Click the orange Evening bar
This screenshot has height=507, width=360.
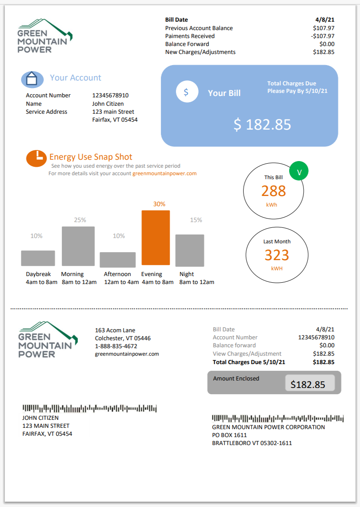[x=156, y=238]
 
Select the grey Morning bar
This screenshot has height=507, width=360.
[x=78, y=246]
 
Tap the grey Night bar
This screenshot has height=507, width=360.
[x=190, y=250]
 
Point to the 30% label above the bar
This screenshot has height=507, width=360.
[x=159, y=204]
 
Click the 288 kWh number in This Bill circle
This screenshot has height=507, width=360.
[x=273, y=191]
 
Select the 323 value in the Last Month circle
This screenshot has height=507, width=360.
[x=277, y=255]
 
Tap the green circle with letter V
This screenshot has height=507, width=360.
[x=299, y=172]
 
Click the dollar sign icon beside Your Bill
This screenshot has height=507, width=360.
[x=186, y=92]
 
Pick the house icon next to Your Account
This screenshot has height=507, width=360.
[x=32, y=79]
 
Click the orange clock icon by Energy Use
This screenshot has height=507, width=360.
[x=37, y=158]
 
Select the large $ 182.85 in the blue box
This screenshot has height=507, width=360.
[x=262, y=125]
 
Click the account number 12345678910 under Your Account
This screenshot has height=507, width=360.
[x=111, y=95]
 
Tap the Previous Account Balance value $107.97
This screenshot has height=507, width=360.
[x=323, y=28]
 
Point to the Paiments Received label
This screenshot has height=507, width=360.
[x=190, y=36]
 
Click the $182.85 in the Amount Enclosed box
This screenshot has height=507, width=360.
[x=308, y=384]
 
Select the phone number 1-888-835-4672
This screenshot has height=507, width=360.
[x=116, y=346]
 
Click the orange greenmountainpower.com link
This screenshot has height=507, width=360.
[x=165, y=173]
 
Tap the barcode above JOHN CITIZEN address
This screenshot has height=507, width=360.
[x=89, y=408]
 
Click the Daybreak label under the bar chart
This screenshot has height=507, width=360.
[x=38, y=274]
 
